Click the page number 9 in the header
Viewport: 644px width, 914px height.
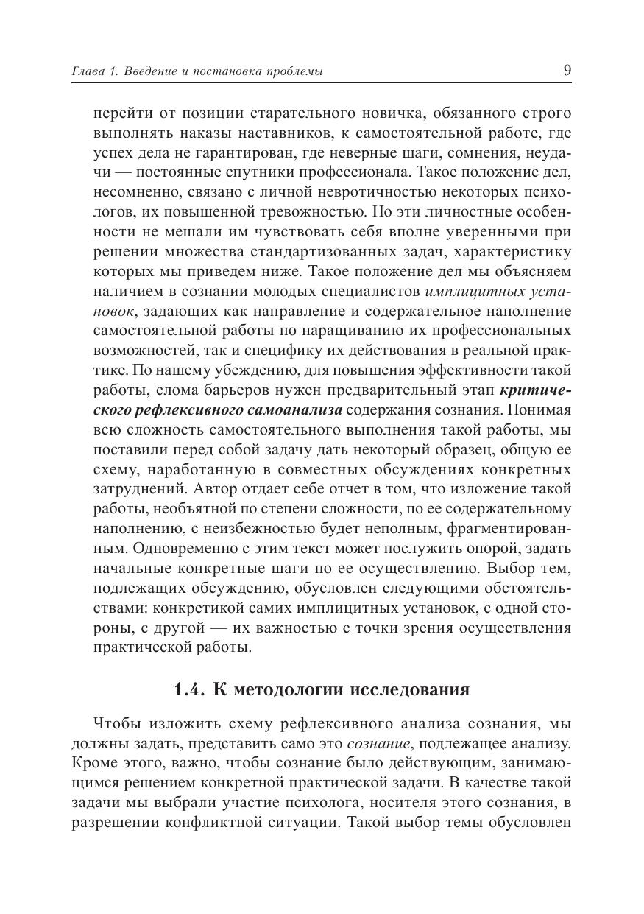tap(566, 71)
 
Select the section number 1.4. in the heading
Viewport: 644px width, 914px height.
tap(189, 690)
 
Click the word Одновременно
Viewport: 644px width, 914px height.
tap(149, 548)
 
